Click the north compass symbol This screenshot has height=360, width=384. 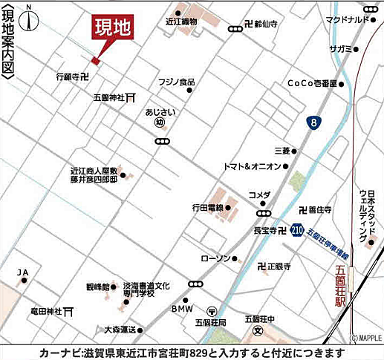pos(30,18)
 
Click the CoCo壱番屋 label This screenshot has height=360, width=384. pos(312,83)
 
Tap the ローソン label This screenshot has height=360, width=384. pos(216,258)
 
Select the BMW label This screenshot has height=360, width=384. pos(182,308)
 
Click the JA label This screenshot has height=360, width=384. pos(22,272)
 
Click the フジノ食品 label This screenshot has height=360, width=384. pos(175,81)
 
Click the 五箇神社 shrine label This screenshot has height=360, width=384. pos(107,97)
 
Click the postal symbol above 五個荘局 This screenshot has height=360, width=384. pos(212,311)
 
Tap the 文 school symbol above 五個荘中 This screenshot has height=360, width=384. pos(258,329)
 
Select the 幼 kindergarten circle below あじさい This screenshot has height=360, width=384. pos(160,124)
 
